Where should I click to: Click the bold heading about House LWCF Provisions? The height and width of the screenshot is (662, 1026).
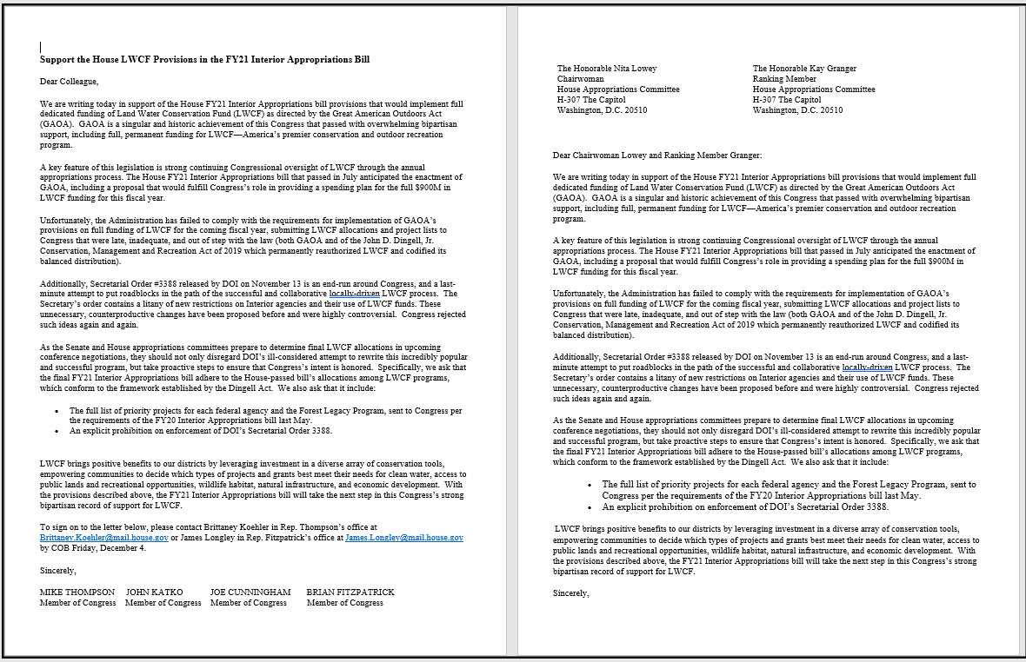point(204,60)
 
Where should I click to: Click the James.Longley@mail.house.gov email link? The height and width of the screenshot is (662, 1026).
point(403,538)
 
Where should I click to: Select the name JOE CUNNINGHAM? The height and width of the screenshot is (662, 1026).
point(250,592)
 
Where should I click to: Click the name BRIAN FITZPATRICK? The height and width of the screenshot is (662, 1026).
point(350,592)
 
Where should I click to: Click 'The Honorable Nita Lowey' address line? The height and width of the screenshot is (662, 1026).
point(607,69)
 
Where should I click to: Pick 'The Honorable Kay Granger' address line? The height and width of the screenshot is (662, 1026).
point(804,69)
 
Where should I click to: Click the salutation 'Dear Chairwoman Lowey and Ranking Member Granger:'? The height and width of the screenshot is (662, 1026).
point(656,156)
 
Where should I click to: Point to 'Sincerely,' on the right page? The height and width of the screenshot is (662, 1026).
point(571,592)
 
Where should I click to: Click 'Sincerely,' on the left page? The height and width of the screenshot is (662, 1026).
point(58,571)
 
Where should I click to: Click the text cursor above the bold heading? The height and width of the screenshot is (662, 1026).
point(41,47)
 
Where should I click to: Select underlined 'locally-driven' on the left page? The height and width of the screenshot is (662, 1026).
point(354,294)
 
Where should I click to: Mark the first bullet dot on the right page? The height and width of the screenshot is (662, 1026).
point(590,485)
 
